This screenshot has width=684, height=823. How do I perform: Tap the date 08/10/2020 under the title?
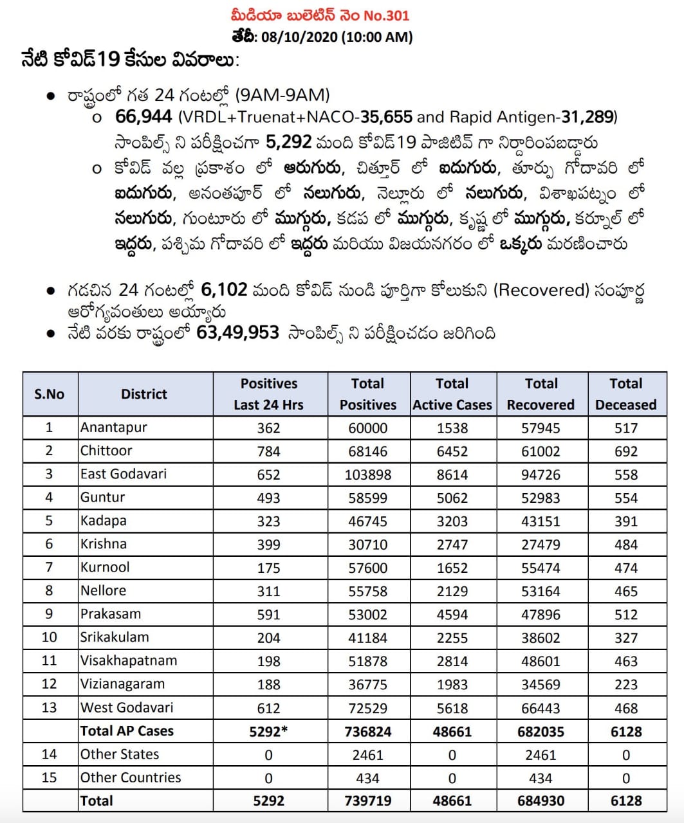pos(297,37)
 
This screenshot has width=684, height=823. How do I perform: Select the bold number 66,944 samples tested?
pos(143,116)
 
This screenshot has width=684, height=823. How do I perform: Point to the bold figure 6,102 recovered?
pos(223,289)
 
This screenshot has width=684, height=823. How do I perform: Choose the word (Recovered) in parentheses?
pos(541,290)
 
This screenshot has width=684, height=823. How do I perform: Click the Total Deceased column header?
pos(625,394)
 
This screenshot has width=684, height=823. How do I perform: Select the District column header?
pos(144,394)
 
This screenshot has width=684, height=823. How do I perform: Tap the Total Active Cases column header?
pos(452,394)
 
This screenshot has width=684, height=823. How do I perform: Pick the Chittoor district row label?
pos(106,451)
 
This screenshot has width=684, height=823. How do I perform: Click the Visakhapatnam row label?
pos(129,661)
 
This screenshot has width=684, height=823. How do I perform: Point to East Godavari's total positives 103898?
pos(368,475)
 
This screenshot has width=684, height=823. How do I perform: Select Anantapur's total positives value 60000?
pos(368,428)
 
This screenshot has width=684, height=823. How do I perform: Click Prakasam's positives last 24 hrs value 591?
pos(268,615)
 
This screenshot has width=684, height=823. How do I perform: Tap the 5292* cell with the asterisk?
pos(269,732)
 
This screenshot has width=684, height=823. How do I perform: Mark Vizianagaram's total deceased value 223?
pos(625,685)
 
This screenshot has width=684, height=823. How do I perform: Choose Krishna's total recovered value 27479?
pos(541,545)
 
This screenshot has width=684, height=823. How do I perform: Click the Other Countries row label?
pos(131,778)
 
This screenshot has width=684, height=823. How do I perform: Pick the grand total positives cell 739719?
pos(368,801)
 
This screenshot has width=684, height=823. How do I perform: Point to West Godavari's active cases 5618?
pos(452,708)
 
